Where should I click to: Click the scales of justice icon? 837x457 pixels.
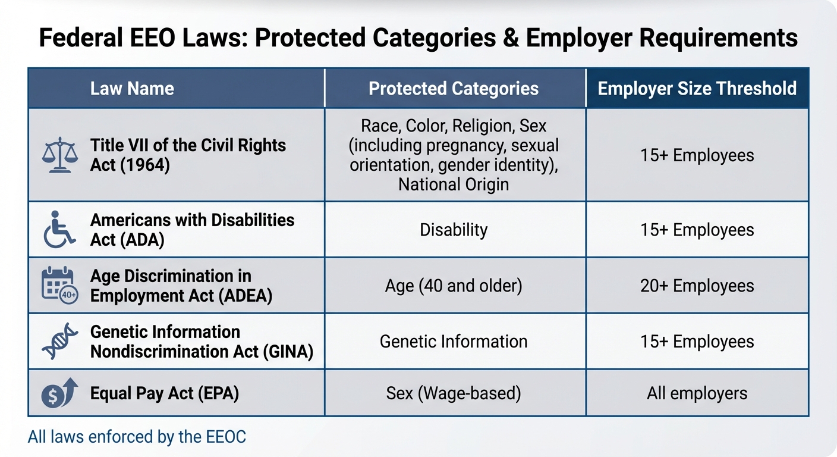[x=60, y=155]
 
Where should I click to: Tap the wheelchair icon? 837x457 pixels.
[x=59, y=230]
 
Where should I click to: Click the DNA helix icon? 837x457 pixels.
[x=59, y=342]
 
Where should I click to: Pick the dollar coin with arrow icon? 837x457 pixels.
[x=59, y=393]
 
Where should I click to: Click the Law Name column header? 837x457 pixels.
[x=132, y=89]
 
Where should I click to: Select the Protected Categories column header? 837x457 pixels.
[x=454, y=89]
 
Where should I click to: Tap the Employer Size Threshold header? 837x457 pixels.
[x=697, y=89]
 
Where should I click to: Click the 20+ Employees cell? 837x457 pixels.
[x=697, y=286]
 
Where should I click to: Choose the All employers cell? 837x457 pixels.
[x=697, y=393]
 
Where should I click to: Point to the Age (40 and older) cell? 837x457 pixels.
[x=454, y=286]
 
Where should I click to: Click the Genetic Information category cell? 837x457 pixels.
[x=454, y=342]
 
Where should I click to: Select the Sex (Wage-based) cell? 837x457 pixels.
[x=454, y=393]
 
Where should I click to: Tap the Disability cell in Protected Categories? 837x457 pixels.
[x=454, y=230]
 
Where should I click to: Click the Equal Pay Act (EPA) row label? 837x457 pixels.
[x=164, y=393]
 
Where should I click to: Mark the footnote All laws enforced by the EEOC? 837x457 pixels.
[x=137, y=437]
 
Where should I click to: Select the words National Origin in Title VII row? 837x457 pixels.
[x=454, y=184]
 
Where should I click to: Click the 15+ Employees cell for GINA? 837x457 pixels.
[x=697, y=342]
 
